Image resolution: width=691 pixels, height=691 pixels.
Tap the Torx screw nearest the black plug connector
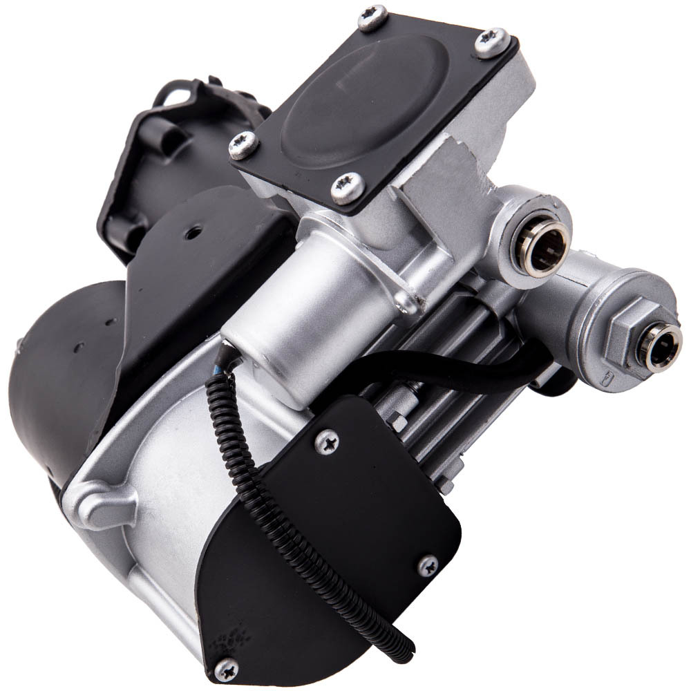pos(243,144)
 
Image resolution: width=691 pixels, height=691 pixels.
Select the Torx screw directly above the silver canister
pos(347,187)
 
